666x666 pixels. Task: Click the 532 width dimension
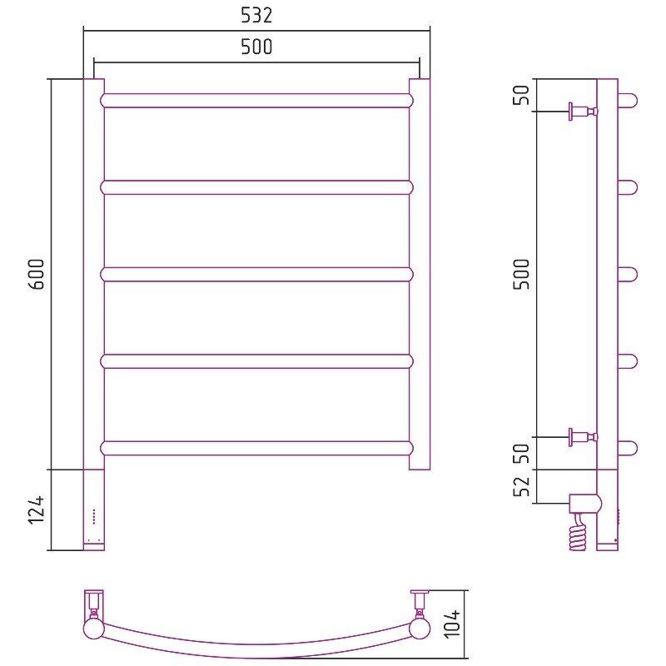point(256,15)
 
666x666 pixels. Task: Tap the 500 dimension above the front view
point(256,47)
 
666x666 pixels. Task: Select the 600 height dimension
point(37,274)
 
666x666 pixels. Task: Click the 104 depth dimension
point(453,623)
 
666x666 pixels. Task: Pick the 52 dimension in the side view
point(523,486)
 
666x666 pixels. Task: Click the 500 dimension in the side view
point(523,274)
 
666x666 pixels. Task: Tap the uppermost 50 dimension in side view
point(523,95)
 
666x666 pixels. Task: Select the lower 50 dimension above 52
point(523,453)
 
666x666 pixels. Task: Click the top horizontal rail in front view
point(256,101)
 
